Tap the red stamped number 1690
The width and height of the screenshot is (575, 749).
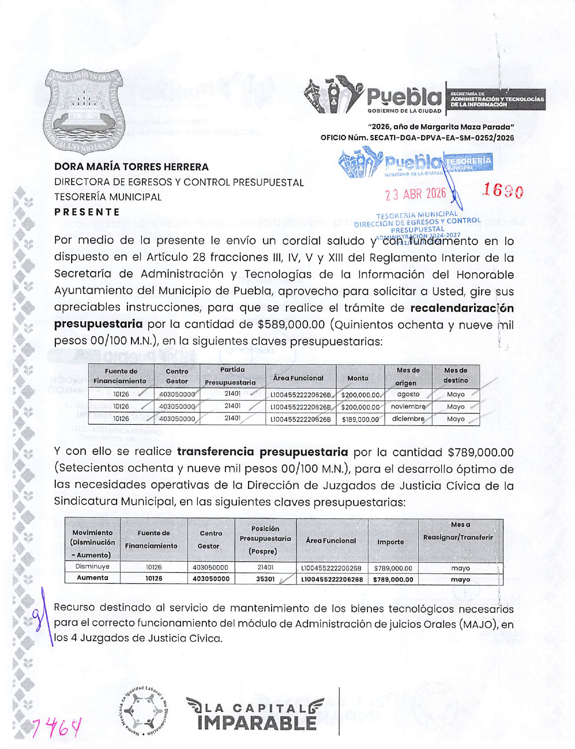point(502,191)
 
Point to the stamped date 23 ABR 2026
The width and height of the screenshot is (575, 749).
point(415,194)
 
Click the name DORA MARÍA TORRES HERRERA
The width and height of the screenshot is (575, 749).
point(132,167)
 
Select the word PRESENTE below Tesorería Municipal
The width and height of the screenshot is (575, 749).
point(87,212)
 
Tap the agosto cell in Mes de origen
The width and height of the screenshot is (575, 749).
point(408,394)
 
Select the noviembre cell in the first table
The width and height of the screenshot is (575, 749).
point(408,407)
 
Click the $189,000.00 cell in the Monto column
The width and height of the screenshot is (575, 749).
point(360,419)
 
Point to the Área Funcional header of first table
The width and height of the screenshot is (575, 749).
point(298,378)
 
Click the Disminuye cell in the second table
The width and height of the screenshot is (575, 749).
point(92,567)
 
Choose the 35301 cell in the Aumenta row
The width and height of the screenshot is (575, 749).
point(265,579)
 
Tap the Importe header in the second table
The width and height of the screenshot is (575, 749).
point(390,542)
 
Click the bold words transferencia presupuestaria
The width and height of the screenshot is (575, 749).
point(262,452)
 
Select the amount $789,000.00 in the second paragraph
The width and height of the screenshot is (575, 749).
point(480,452)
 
